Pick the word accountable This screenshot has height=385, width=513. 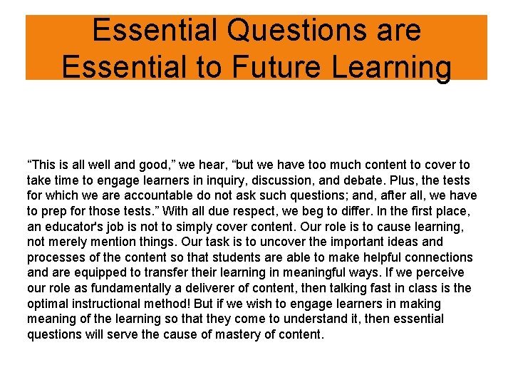tap(142, 195)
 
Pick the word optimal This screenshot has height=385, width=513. tap(49, 304)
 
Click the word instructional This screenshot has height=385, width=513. tap(113, 304)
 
